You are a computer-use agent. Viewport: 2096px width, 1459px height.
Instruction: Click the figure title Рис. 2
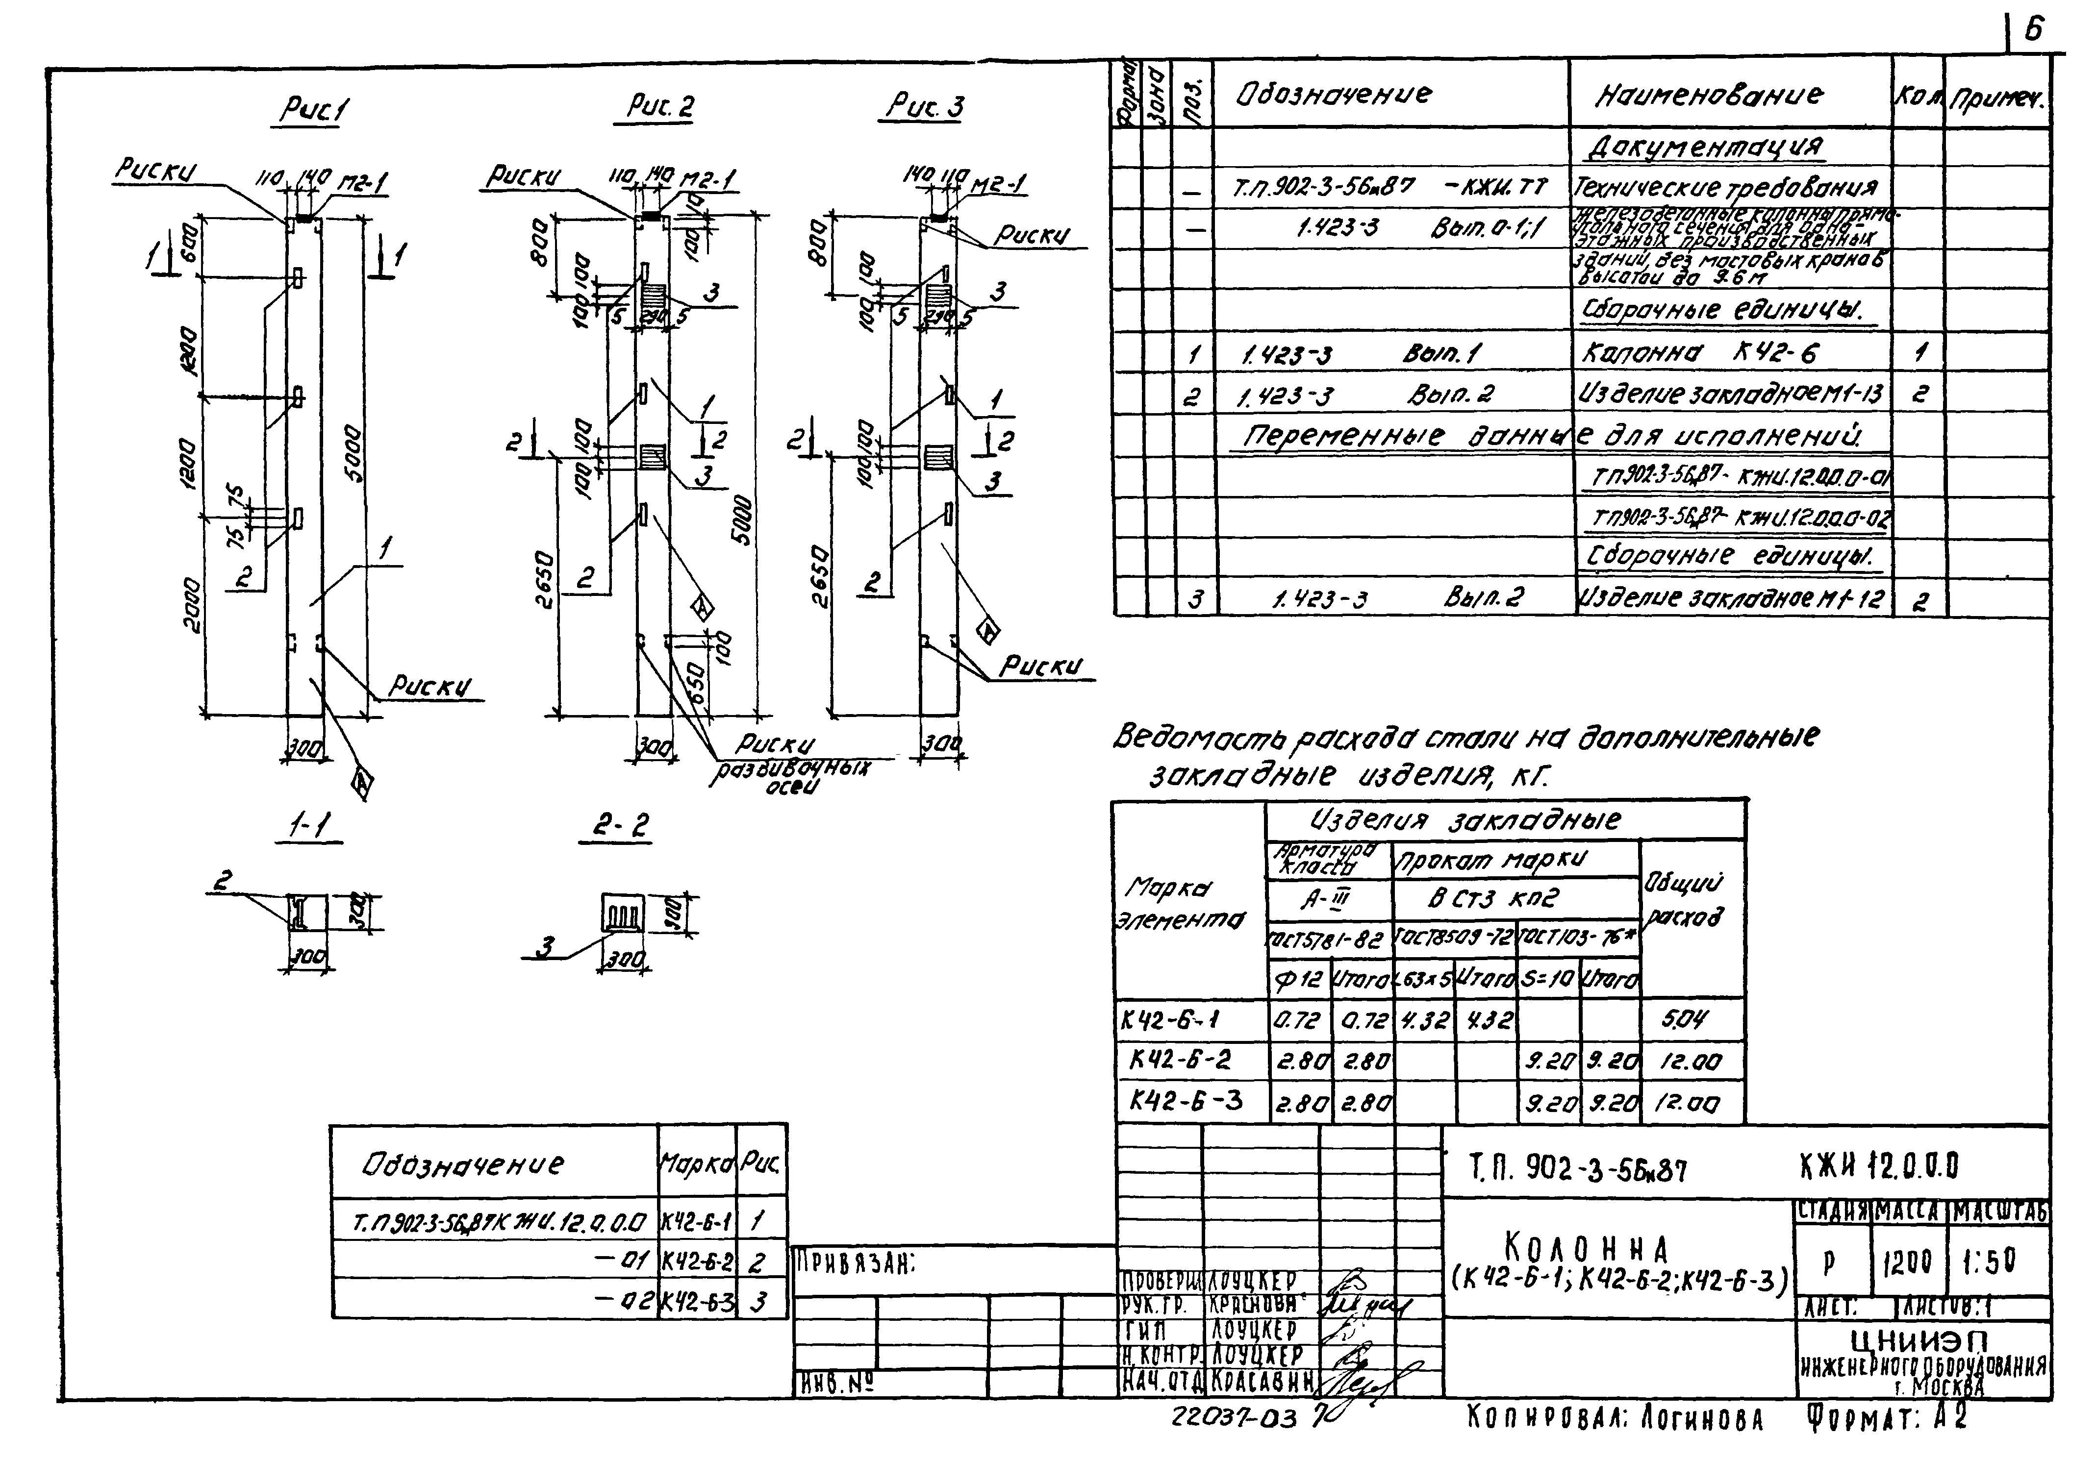tap(659, 107)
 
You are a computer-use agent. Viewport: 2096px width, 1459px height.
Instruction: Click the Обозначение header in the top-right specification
tap(1333, 94)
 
